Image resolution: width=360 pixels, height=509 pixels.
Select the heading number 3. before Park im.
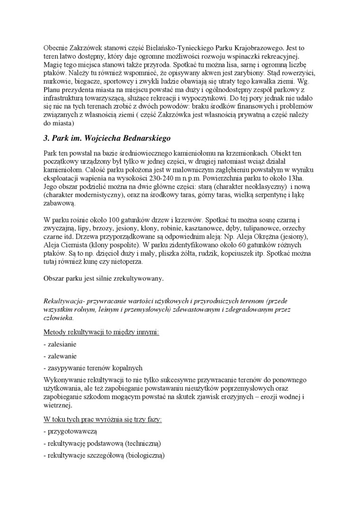46,138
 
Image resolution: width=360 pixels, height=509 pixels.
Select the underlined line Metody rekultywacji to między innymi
101,332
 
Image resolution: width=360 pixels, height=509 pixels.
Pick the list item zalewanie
61,356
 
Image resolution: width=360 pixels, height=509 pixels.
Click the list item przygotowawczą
72,432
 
